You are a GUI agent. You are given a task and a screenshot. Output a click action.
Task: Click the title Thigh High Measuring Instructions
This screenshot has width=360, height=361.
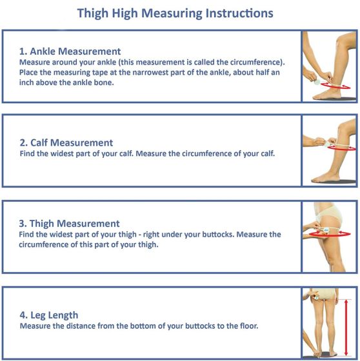pyautogui.click(x=175, y=13)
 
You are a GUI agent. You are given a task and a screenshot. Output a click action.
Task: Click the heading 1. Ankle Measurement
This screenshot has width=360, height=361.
pyautogui.click(x=70, y=51)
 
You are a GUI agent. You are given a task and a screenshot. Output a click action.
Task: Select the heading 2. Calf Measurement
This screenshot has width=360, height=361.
pyautogui.click(x=66, y=142)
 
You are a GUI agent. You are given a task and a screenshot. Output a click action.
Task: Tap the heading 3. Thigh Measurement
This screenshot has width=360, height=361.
pyautogui.click(x=70, y=224)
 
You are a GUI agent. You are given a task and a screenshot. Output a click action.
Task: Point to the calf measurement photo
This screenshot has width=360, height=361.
pyautogui.click(x=329, y=151)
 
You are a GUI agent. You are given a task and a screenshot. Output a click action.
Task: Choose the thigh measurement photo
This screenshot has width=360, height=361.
pyautogui.click(x=329, y=236)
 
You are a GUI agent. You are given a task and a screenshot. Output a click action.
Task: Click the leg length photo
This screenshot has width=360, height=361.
pyautogui.click(x=329, y=322)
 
